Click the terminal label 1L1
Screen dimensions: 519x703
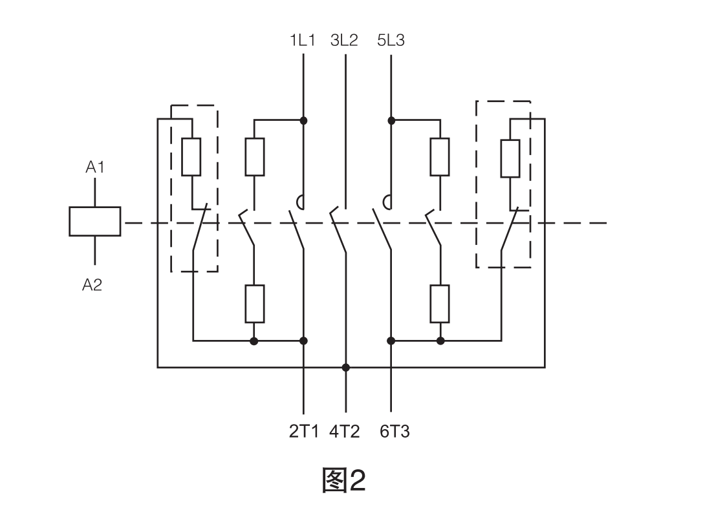click(303, 41)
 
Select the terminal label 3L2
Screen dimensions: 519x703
click(344, 41)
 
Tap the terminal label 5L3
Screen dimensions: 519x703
click(391, 41)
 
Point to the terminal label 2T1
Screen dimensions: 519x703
click(303, 431)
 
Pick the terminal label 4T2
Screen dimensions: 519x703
click(344, 431)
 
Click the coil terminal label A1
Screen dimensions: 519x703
click(95, 167)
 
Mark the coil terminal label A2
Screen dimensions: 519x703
click(92, 285)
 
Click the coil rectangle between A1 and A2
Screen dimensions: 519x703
click(95, 221)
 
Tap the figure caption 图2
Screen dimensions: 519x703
click(343, 480)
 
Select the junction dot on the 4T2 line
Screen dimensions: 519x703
click(346, 367)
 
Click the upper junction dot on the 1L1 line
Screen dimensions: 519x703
click(303, 120)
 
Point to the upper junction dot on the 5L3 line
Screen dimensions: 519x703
click(391, 120)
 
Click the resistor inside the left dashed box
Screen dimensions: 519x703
click(191, 156)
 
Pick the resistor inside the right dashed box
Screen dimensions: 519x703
click(510, 158)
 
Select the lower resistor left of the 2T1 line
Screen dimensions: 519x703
click(255, 303)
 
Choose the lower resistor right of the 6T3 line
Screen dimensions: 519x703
click(440, 303)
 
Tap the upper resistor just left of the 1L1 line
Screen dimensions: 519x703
click(255, 156)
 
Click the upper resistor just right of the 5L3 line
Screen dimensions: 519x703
click(440, 156)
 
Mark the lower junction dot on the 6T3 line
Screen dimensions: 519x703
click(391, 341)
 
